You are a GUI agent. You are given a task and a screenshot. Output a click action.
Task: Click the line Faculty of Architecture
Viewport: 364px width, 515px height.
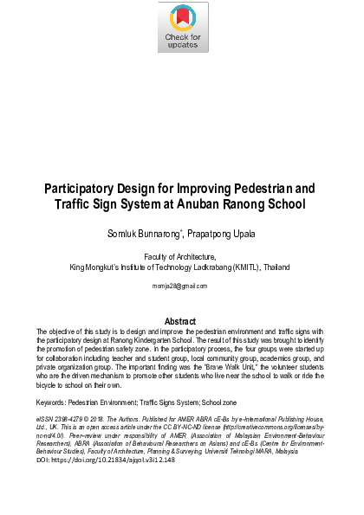pyautogui.click(x=180, y=257)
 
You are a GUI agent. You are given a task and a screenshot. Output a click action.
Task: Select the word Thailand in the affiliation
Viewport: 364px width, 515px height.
pyautogui.click(x=276, y=267)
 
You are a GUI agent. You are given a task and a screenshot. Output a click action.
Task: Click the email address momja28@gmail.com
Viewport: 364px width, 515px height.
pyautogui.click(x=181, y=285)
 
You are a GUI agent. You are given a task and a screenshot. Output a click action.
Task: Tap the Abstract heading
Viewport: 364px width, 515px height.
pyautogui.click(x=181, y=321)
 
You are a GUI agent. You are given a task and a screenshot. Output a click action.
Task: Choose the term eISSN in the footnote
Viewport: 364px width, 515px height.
pyautogui.click(x=45, y=417)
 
